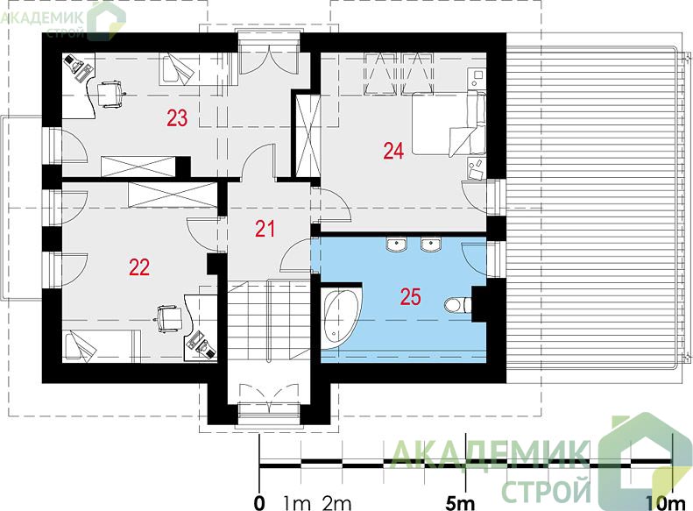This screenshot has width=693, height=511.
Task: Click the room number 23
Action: coord(177,118)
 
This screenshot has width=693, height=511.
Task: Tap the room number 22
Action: coord(139,267)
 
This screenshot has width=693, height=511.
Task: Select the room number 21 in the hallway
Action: coord(265,229)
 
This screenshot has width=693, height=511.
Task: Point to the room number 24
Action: coord(393,151)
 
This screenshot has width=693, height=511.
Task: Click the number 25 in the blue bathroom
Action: coord(410,296)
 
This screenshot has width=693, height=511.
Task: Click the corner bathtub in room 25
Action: coord(341,317)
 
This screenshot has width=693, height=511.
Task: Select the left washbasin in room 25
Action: coord(396,245)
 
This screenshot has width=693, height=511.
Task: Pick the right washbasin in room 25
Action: coord(430,245)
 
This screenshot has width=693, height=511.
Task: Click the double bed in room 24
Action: coord(449,123)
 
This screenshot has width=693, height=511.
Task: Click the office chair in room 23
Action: coord(110,94)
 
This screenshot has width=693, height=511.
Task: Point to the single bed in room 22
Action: coord(102,346)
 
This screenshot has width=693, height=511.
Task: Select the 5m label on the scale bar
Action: coord(460,502)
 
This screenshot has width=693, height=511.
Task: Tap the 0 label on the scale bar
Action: coord(259,503)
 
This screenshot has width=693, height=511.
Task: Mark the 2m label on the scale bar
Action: coord(336,503)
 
